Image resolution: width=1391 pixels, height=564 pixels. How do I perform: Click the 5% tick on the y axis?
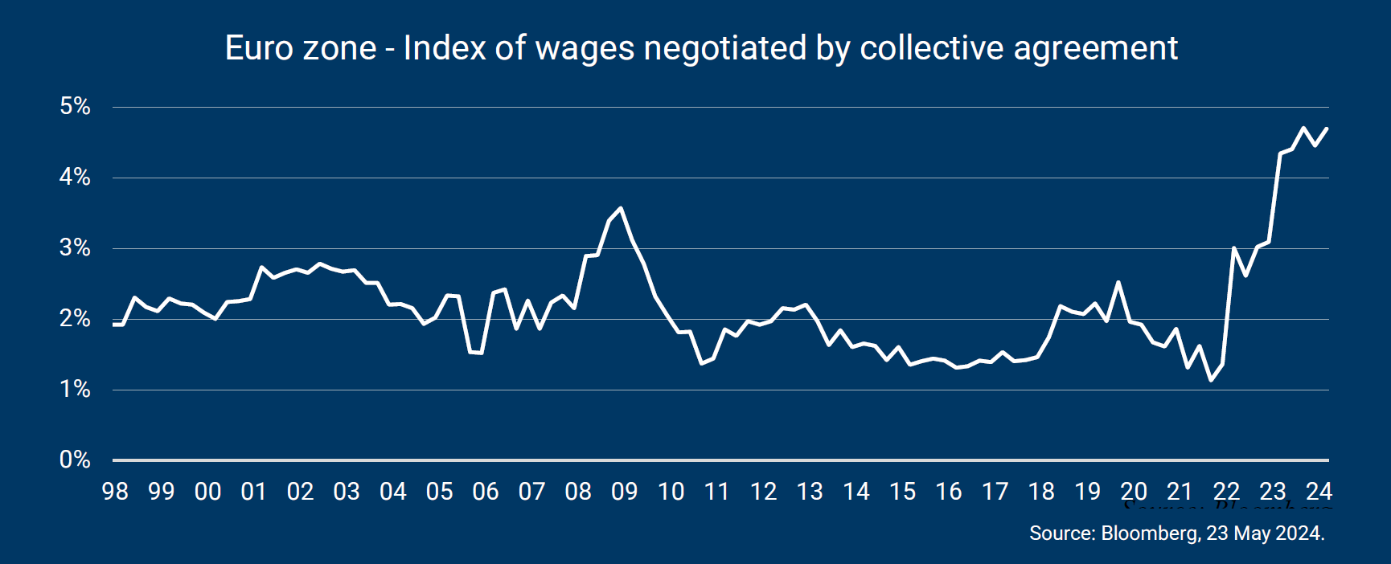click(75, 106)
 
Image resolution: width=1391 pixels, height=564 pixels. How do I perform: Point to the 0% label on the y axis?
click(75, 460)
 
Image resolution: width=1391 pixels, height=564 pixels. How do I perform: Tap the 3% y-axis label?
click(75, 247)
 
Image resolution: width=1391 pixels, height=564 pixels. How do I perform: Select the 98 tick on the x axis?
click(115, 492)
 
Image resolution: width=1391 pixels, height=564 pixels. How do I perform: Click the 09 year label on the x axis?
click(625, 492)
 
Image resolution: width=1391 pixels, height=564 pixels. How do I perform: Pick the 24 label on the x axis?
click(1319, 492)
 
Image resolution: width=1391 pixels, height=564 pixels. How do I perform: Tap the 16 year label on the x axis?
click(949, 492)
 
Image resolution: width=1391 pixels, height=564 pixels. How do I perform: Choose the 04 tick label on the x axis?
click(393, 492)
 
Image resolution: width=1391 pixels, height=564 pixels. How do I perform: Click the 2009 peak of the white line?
click(620, 209)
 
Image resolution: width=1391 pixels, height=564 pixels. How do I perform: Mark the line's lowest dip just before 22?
click(1211, 379)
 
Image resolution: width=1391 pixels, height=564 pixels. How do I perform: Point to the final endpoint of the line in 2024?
click(1327, 128)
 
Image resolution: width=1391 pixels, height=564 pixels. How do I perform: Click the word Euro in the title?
click(255, 48)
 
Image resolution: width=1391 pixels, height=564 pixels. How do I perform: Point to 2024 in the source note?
click(1299, 533)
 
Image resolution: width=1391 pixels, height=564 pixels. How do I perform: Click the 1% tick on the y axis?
click(75, 389)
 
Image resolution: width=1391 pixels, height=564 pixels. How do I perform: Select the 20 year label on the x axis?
click(1134, 492)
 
